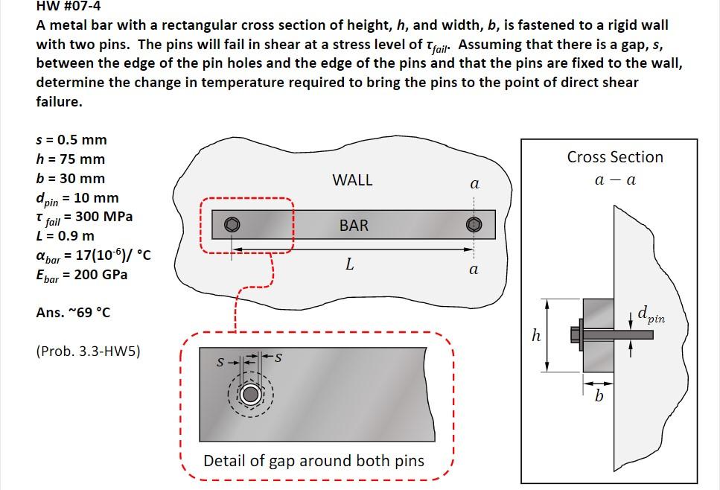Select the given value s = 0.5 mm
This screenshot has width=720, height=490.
click(x=71, y=140)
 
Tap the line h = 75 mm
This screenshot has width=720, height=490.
click(x=71, y=159)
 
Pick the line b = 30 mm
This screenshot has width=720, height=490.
click(x=71, y=179)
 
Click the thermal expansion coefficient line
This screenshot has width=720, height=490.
click(x=94, y=256)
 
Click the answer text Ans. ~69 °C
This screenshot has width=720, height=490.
click(x=73, y=312)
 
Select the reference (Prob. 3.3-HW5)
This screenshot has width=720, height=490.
click(x=88, y=350)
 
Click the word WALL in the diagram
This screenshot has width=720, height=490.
click(x=352, y=180)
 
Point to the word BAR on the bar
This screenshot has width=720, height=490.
click(x=354, y=225)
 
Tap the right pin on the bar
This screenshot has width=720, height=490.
click(x=474, y=224)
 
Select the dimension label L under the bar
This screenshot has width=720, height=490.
click(x=348, y=264)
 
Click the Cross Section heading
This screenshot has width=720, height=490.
click(x=615, y=157)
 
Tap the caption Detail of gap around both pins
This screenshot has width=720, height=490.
click(x=313, y=461)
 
